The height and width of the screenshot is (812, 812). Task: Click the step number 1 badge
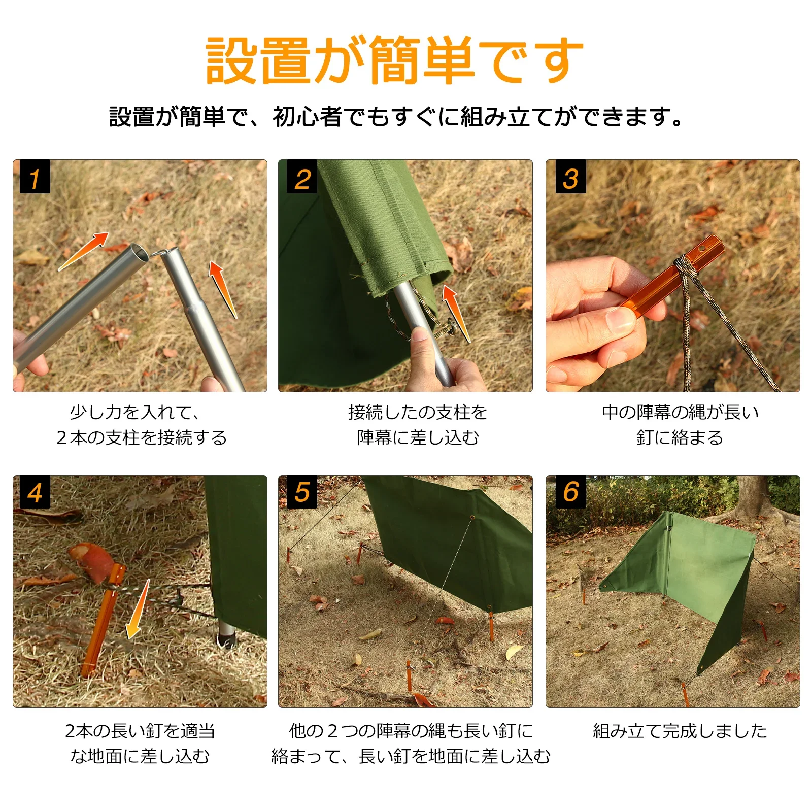[x=35, y=177]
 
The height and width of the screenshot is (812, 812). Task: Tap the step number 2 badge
[x=302, y=177]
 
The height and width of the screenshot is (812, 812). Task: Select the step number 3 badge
[x=571, y=177]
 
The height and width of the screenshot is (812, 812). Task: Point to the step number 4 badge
[x=35, y=492]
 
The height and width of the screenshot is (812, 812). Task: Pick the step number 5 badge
[x=302, y=492]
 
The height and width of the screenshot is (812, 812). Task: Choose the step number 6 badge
[x=571, y=492]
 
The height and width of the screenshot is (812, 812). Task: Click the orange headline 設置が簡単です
[x=394, y=60]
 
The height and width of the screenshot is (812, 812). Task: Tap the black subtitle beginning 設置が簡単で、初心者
[x=396, y=116]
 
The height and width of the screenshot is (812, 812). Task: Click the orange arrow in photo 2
[x=455, y=313]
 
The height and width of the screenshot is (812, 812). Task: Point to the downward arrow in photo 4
[x=138, y=609]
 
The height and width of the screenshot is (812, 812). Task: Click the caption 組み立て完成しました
[x=680, y=731]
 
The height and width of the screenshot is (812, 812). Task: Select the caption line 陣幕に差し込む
[x=418, y=437]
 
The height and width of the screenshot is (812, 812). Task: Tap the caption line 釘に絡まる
[x=680, y=437]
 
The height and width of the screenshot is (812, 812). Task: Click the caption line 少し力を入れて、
[x=135, y=412]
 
